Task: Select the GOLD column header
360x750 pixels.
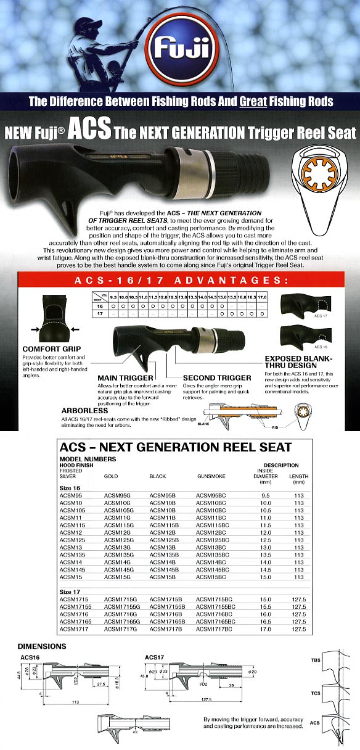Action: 112,476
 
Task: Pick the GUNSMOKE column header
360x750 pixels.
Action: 211,476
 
